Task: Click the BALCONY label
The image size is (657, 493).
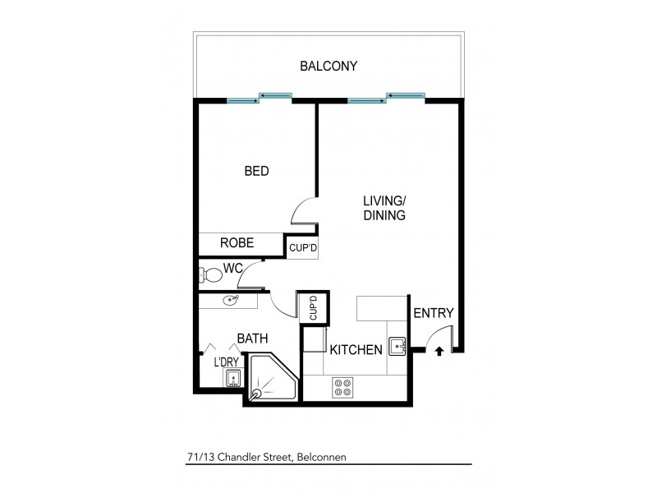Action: (x=328, y=66)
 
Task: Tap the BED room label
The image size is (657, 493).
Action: (x=257, y=172)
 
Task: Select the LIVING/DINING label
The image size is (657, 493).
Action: (x=385, y=207)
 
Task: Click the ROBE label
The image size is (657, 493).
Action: (x=237, y=243)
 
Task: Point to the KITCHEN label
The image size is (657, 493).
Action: (x=356, y=350)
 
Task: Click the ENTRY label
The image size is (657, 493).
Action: (x=433, y=313)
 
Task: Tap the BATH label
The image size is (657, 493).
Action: (x=253, y=339)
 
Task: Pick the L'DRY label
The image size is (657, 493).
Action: (x=227, y=362)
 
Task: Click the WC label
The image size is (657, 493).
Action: (x=234, y=267)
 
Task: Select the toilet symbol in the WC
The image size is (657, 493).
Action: (x=213, y=273)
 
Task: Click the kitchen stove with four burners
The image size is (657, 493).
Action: (x=342, y=387)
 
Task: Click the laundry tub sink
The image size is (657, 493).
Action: (x=232, y=378)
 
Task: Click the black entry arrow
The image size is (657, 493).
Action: (x=439, y=352)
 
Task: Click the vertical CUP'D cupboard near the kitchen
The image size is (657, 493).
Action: (x=313, y=308)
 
